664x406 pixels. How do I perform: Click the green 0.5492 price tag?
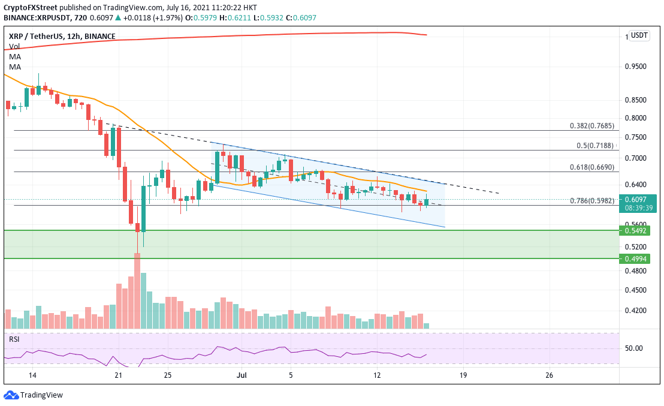pyautogui.click(x=636, y=230)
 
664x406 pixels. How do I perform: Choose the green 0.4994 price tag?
pyautogui.click(x=636, y=258)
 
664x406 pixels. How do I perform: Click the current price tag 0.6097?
pyautogui.click(x=636, y=199)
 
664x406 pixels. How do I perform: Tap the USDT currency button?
pyautogui.click(x=639, y=35)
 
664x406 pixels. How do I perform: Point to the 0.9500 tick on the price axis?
pyautogui.click(x=636, y=67)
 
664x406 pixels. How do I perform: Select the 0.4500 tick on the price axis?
pyautogui.click(x=636, y=290)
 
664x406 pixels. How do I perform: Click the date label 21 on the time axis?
pyautogui.click(x=118, y=375)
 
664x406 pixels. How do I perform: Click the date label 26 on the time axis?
pyautogui.click(x=550, y=375)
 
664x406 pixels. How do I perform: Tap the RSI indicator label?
pyautogui.click(x=14, y=339)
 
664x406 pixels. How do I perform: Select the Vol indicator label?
pyautogui.click(x=14, y=46)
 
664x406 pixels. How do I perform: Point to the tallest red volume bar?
pyautogui.click(x=137, y=291)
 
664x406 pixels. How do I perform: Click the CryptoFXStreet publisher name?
pyautogui.click(x=31, y=7)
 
